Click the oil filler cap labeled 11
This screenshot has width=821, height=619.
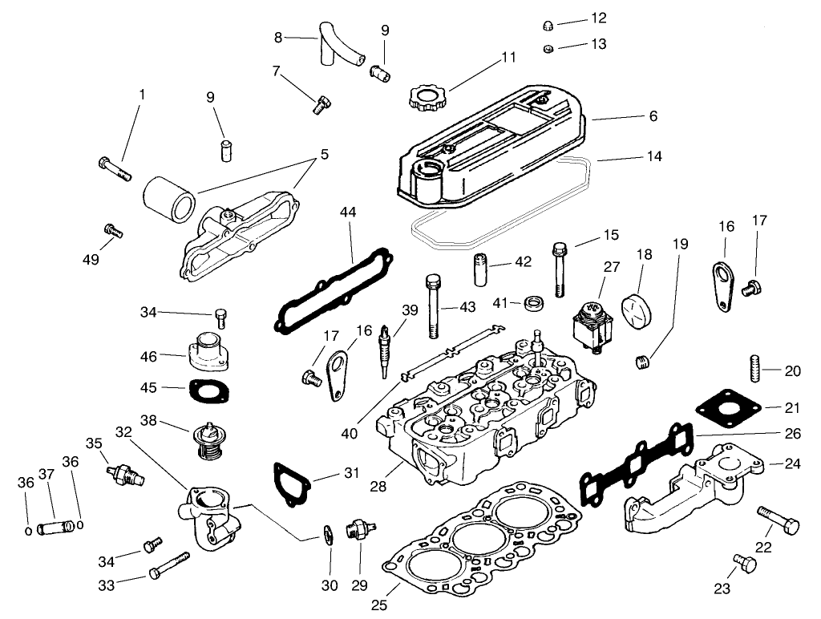click(426, 100)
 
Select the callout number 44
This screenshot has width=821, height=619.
click(347, 212)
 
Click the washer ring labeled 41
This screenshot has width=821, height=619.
click(535, 304)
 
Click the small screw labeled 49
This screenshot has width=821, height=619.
click(113, 231)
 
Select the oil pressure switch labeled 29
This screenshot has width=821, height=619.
click(356, 530)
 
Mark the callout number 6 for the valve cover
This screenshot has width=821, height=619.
click(653, 116)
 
